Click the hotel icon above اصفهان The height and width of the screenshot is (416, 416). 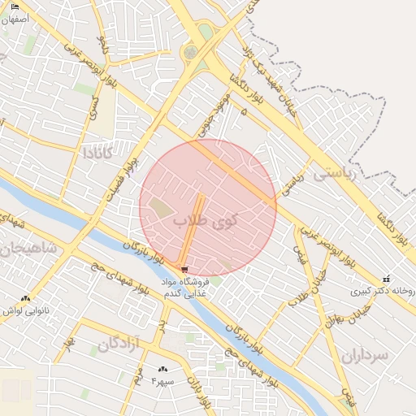point(15,6)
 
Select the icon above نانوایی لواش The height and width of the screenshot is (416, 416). point(25,298)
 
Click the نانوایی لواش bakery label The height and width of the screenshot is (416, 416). point(27,310)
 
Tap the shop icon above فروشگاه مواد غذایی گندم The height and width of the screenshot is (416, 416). point(184,269)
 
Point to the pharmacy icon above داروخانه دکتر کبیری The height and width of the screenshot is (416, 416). point(386,279)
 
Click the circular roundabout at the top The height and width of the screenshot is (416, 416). point(190,53)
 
